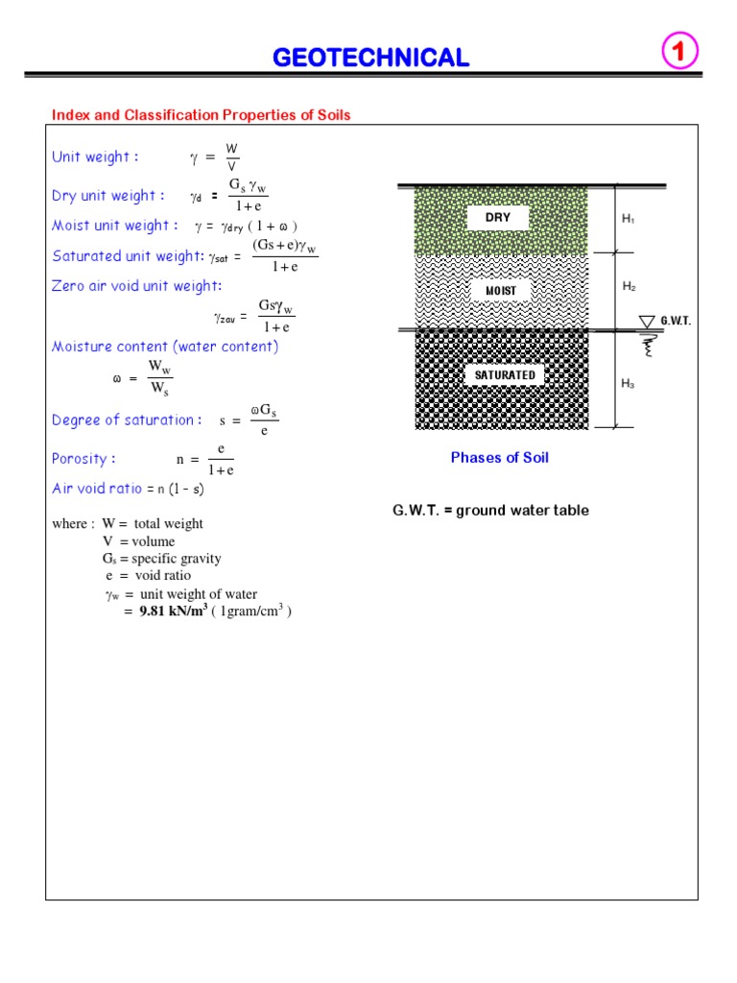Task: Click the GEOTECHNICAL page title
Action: click(371, 58)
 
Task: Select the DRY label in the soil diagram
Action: click(498, 218)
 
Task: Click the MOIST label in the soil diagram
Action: click(501, 291)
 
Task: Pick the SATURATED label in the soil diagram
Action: click(505, 374)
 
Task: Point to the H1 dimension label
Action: click(629, 220)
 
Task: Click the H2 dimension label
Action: click(629, 287)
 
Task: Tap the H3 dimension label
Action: click(629, 384)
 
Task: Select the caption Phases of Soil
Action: click(500, 458)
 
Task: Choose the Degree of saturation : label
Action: click(127, 420)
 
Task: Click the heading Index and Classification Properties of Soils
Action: click(202, 115)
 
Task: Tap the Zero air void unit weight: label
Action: click(137, 286)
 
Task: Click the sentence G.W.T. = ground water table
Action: click(490, 511)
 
